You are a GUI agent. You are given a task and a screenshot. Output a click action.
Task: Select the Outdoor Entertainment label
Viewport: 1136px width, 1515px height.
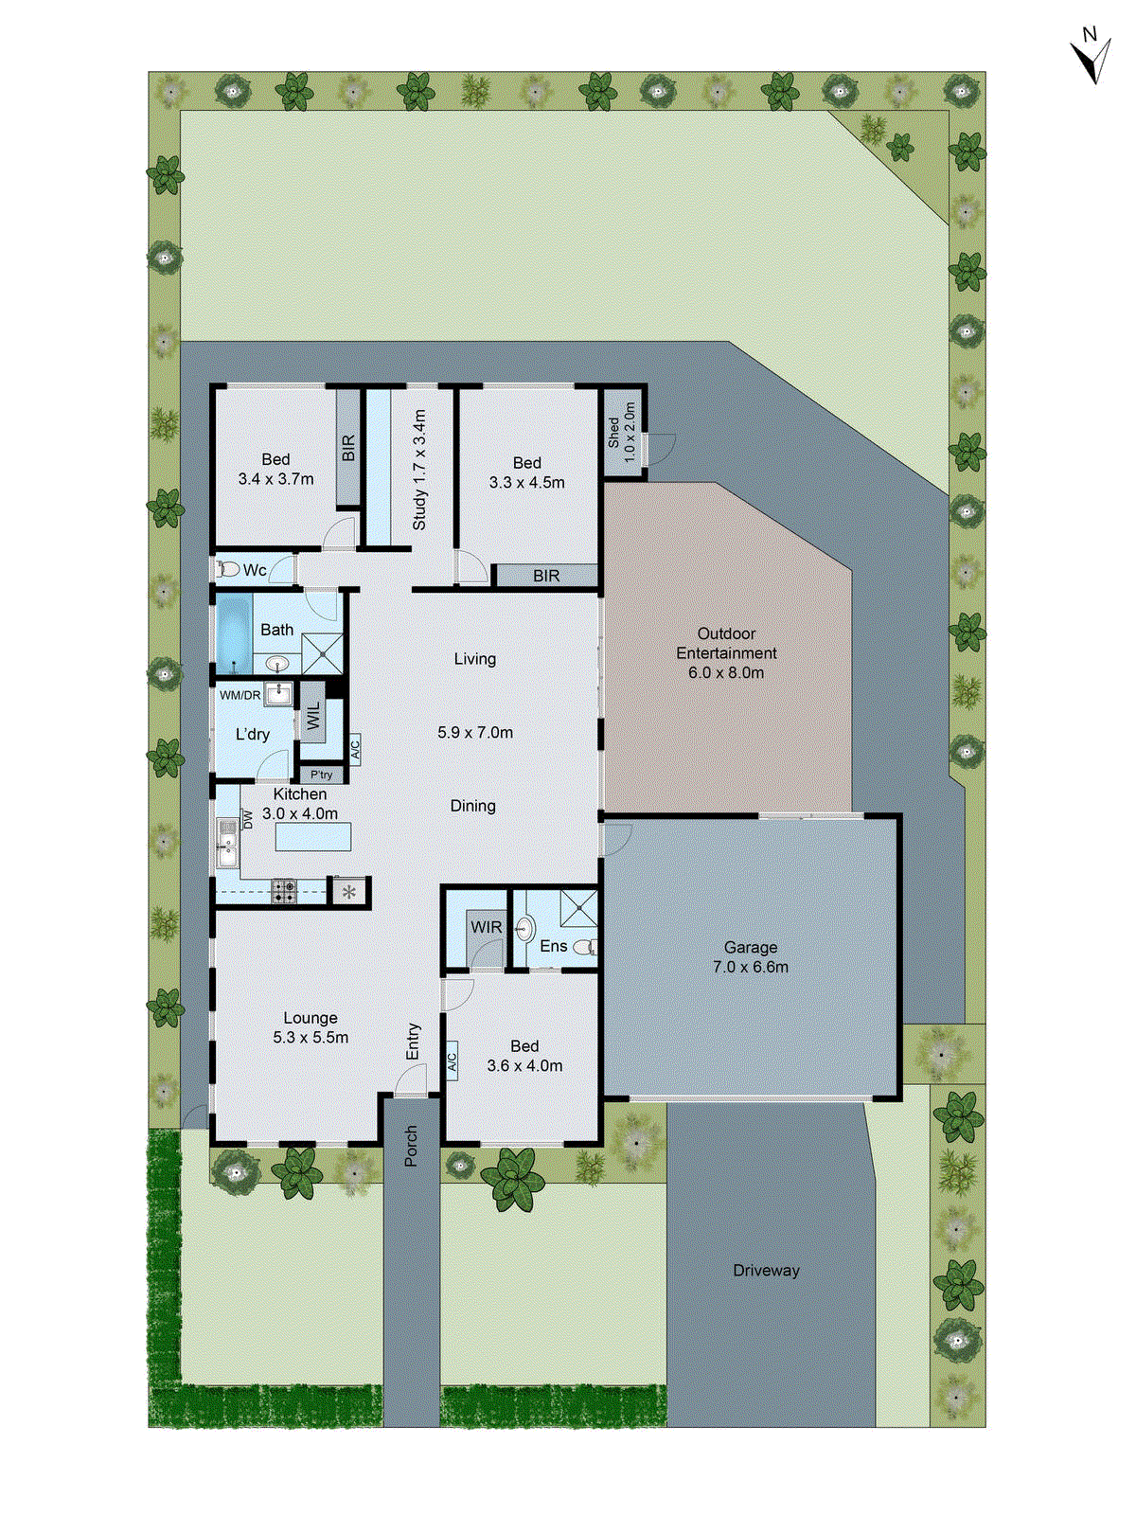point(726,652)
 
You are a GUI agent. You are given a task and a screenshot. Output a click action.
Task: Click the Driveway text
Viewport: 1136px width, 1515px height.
point(766,1271)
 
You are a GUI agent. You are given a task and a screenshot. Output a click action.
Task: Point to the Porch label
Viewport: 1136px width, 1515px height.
point(411,1145)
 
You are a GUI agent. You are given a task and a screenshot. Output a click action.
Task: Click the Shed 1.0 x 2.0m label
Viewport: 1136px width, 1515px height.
point(622,433)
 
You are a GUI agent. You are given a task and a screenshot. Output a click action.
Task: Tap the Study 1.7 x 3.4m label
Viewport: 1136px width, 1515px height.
point(419,470)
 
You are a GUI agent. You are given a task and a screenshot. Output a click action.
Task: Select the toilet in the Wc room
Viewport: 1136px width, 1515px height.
point(228,570)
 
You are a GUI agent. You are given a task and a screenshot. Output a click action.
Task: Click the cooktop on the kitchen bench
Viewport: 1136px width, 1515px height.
point(284,890)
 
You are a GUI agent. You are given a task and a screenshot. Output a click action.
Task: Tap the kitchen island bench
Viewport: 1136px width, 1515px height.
point(313,837)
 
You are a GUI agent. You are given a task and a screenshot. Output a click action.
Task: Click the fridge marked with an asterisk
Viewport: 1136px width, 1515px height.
point(349,892)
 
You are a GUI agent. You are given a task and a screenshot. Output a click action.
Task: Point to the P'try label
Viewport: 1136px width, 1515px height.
point(322,775)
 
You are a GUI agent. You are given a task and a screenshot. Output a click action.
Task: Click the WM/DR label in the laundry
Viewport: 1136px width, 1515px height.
point(240,696)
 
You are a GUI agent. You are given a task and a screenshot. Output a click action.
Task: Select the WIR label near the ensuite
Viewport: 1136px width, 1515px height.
point(487,927)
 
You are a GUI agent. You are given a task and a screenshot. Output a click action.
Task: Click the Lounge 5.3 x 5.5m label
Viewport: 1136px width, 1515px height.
point(311,1027)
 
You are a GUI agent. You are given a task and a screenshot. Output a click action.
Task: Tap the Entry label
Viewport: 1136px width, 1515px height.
point(413,1042)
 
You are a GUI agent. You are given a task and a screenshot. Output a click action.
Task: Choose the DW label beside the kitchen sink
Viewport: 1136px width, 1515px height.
point(248,819)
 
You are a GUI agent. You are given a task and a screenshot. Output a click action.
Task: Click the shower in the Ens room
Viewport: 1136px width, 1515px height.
point(578,907)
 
